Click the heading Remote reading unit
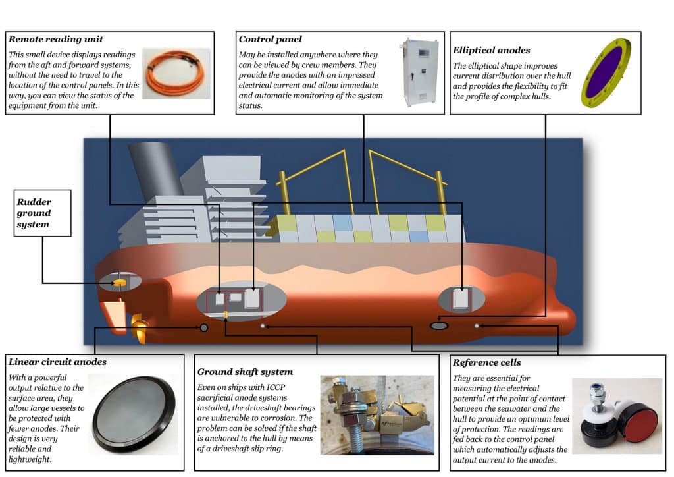(56, 40)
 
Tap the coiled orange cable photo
(176, 72)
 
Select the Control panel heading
(271, 40)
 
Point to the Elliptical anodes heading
(491, 49)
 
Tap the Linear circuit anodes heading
(57, 362)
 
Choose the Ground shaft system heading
(245, 372)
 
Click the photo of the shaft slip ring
(377, 415)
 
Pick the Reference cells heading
(486, 362)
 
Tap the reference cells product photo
(615, 416)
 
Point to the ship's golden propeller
(139, 325)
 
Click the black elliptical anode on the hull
(439, 325)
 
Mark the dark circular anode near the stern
(204, 327)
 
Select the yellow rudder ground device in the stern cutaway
(120, 283)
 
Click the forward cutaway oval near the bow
(461, 299)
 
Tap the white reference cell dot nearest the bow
(477, 325)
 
